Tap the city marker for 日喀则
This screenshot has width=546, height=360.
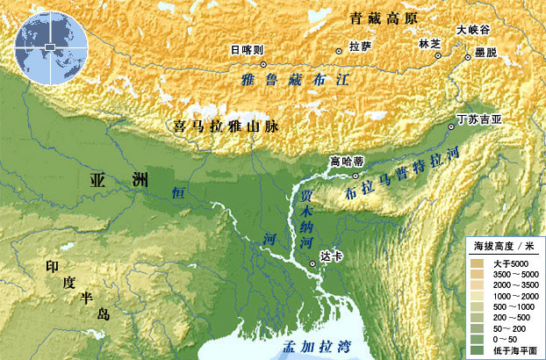(x=262, y=64)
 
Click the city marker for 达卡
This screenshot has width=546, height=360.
(x=313, y=263)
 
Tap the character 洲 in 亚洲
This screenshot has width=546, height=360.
(x=140, y=181)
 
